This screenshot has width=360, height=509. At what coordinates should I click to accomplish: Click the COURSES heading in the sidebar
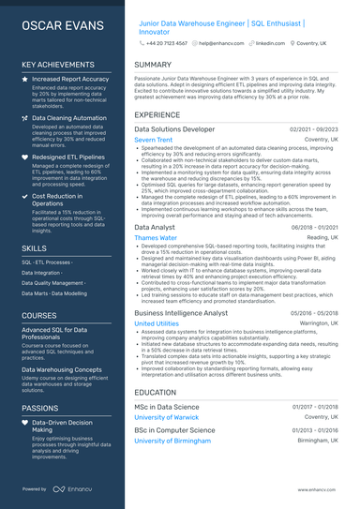pos(39,316)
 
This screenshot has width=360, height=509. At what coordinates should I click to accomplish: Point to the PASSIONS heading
pos(40,409)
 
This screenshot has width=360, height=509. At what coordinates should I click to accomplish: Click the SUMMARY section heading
pos(153,65)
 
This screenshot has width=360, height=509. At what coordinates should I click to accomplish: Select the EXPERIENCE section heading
pos(157,114)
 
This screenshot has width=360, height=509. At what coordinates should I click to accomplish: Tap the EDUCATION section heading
pos(156,393)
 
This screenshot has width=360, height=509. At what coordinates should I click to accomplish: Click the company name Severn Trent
pos(153,139)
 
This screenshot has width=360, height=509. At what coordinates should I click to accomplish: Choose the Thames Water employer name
pos(155,238)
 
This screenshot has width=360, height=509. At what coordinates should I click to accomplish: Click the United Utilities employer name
pos(156,323)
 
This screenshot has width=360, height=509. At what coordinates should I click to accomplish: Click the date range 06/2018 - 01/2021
pos(316,228)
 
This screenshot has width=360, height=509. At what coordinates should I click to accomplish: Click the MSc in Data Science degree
pos(167,407)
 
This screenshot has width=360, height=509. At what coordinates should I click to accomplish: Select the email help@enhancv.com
pos(225,43)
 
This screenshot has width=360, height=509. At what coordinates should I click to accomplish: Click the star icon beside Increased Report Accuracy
pos(25,80)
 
